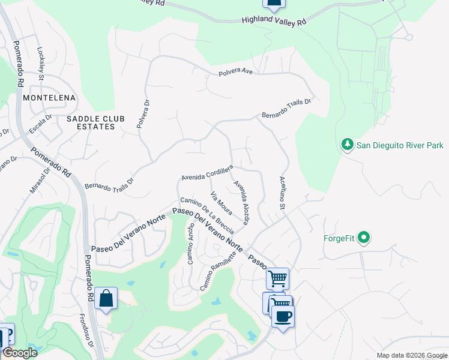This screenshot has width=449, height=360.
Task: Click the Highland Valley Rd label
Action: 274,20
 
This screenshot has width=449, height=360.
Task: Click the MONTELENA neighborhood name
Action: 49,98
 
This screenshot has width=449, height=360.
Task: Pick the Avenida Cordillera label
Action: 207,175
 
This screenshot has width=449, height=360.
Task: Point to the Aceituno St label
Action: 282,193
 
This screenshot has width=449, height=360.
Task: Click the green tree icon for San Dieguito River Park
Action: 347,145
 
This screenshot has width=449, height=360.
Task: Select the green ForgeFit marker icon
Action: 363,238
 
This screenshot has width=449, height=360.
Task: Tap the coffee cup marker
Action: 283,316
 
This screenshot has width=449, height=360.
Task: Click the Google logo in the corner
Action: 20,352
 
